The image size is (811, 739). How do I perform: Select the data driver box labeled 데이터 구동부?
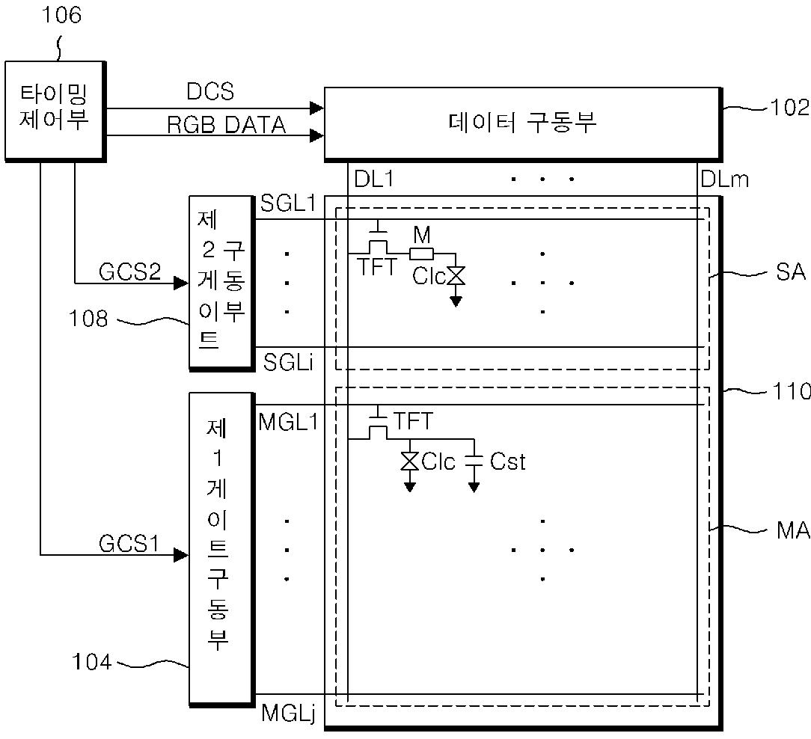(x=522, y=123)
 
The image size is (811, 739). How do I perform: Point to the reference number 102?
(x=790, y=108)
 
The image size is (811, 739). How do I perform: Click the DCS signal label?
(x=210, y=92)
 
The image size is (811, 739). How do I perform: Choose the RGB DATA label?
(x=226, y=125)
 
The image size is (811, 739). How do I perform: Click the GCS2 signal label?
(x=130, y=272)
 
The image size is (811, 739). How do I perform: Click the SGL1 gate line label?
(x=288, y=203)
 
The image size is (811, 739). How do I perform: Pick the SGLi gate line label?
(x=289, y=363)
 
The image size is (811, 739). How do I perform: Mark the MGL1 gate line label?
(x=288, y=422)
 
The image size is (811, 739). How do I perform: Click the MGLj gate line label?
(x=288, y=713)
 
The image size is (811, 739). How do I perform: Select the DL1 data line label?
(x=373, y=179)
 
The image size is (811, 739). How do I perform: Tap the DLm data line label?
(x=724, y=180)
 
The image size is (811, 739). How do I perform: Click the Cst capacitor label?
(x=508, y=462)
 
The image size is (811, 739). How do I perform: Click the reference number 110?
(x=790, y=390)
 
